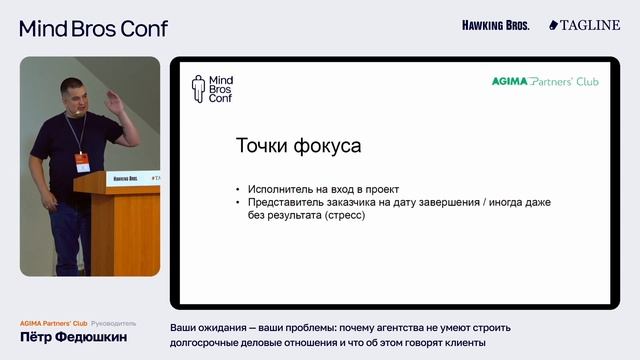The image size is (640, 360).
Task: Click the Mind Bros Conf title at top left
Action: [x=93, y=28]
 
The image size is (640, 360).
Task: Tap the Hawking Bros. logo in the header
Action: [x=495, y=25]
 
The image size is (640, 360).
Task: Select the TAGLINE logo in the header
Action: [x=585, y=25]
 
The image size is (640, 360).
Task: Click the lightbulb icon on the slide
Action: [x=198, y=89]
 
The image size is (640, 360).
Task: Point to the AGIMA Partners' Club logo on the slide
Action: [x=545, y=81]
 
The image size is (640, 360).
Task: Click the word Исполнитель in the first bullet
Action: [x=279, y=189]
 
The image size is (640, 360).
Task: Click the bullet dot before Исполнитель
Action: [x=237, y=189]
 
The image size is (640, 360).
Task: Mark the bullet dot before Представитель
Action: [x=237, y=202]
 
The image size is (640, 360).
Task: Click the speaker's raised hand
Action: [x=117, y=102]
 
